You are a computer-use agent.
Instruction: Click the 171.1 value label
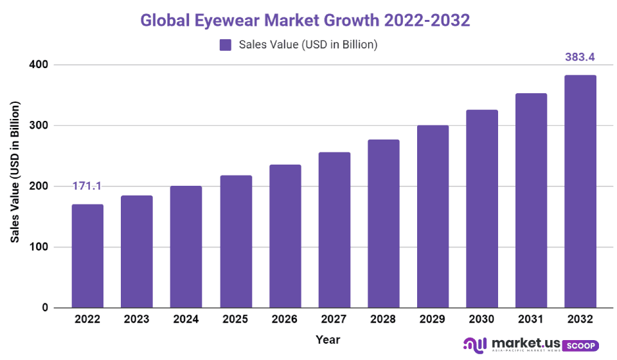[x=87, y=186]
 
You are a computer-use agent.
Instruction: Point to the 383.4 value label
[x=580, y=57]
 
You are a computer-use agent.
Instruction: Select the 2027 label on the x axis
[x=334, y=319]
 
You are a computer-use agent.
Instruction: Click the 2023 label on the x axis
[x=137, y=319]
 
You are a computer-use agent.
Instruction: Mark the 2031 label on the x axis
[x=531, y=319]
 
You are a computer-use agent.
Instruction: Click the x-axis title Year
[x=328, y=339]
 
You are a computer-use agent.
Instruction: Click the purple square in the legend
[x=225, y=44]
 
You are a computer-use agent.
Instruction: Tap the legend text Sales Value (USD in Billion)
[x=307, y=44]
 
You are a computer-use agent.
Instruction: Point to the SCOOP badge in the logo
[x=580, y=346]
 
